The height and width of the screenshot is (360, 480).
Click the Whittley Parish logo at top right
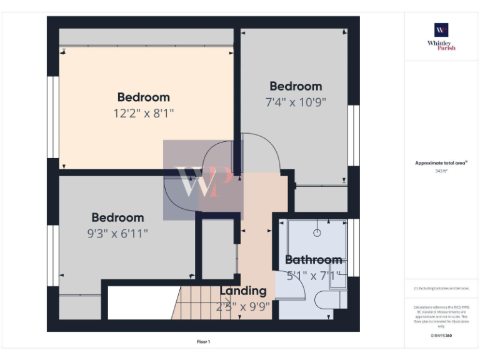(441, 36)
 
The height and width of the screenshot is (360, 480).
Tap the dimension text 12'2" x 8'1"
(143, 113)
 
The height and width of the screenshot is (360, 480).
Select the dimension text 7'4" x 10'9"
(296, 101)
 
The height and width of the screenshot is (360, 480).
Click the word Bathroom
(313, 259)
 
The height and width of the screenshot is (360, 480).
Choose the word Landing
(242, 291)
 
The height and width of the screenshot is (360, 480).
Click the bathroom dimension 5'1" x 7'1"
(313, 274)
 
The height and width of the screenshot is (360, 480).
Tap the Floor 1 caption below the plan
(204, 342)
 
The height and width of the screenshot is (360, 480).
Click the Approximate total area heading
(441, 163)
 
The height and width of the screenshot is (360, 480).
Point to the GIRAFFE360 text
(441, 336)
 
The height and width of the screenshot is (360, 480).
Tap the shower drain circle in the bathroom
(317, 232)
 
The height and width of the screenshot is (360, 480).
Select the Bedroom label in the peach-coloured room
(143, 97)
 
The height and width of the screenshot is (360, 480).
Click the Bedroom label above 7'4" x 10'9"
(296, 86)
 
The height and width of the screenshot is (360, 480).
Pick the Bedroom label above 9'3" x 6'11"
(117, 217)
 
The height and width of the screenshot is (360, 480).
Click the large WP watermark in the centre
(203, 181)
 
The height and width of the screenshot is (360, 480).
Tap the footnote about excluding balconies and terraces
(441, 288)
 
